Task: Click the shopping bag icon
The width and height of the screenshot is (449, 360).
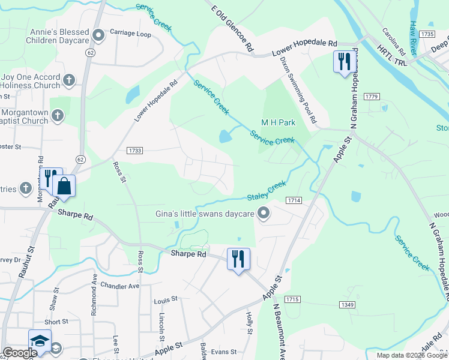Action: pos(64,187)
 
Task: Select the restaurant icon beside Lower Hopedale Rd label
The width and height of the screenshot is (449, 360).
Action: pos(343,62)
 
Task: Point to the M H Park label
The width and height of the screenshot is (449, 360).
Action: pos(278,122)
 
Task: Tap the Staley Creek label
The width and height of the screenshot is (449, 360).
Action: pos(267,193)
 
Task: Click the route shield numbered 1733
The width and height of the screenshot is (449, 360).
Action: pos(134,151)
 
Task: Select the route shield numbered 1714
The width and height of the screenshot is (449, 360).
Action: pos(294,200)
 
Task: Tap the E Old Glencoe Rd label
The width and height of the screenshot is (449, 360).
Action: pos(233,27)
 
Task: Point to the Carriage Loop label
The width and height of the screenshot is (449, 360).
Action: pos(130,34)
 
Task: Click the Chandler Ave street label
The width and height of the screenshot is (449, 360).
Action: pos(119,286)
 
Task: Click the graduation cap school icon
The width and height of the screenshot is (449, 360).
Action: pos(39,342)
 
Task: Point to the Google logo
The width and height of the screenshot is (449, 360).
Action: pos(20,353)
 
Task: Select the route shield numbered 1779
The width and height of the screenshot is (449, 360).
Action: pos(372,97)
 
